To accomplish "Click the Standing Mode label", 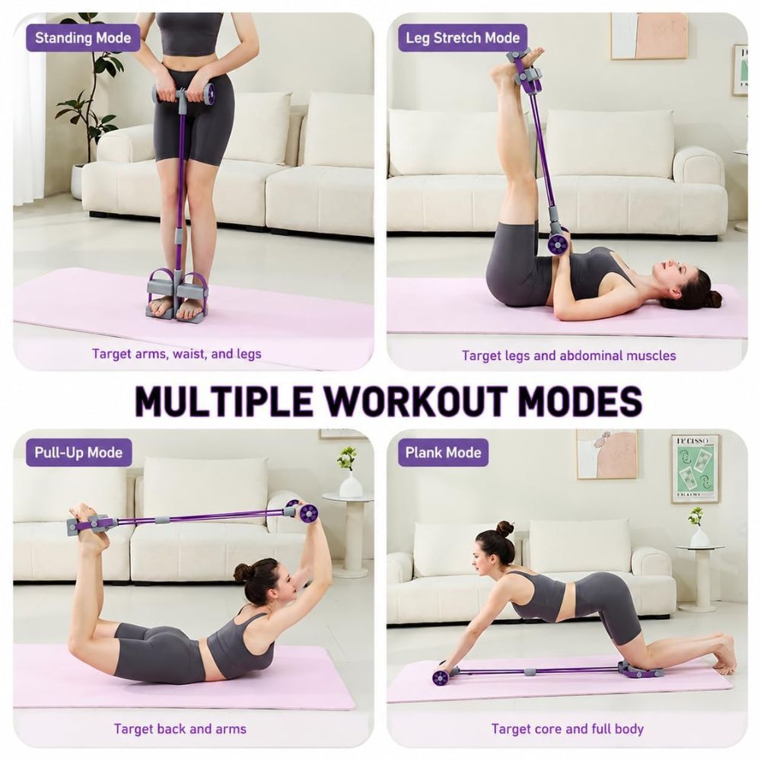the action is tap(83, 38).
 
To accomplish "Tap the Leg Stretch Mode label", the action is tap(463, 38).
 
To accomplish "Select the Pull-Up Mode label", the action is tap(78, 453).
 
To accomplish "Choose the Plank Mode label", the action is tap(443, 453).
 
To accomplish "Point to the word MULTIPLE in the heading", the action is tap(223, 401).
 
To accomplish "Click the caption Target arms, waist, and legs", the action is tap(177, 354).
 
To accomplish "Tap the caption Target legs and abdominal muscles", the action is tap(568, 355).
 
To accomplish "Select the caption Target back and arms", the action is tap(180, 729).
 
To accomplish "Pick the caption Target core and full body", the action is tap(568, 729).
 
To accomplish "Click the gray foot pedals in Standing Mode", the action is tap(177, 295).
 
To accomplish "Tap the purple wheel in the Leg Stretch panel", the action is tap(558, 243).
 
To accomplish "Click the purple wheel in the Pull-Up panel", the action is tap(308, 512).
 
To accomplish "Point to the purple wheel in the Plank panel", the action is tap(440, 677).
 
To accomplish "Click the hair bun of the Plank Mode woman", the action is tap(506, 529).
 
